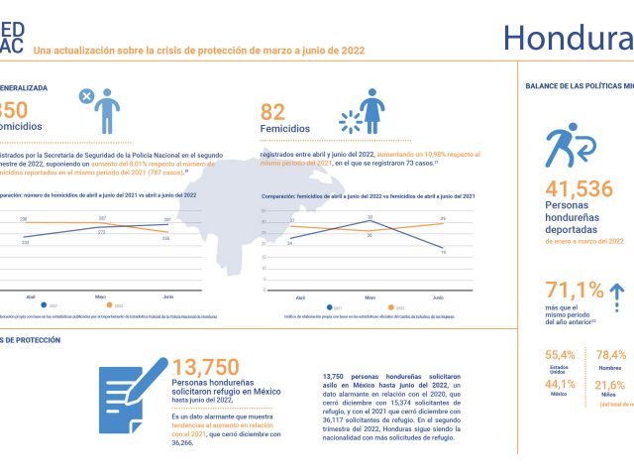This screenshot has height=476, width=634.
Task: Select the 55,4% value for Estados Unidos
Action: pyautogui.click(x=560, y=354)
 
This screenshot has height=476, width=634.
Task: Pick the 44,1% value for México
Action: pyautogui.click(x=560, y=385)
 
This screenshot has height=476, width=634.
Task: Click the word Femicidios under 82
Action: pyautogui.click(x=285, y=129)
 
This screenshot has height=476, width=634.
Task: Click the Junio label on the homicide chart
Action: pyautogui.click(x=167, y=297)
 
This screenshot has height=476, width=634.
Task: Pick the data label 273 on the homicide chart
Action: pyautogui.click(x=101, y=233)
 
